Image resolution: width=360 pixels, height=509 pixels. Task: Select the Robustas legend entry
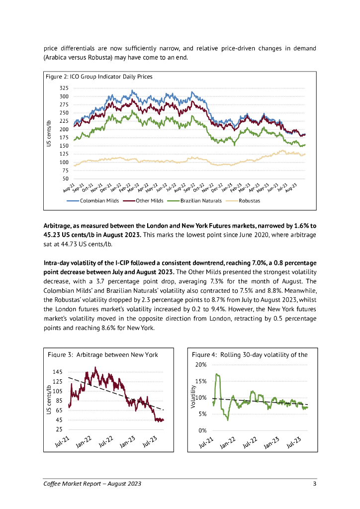point(249,201)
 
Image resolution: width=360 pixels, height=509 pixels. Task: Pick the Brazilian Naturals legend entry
point(201,201)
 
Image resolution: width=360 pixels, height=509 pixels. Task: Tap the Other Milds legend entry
point(149,201)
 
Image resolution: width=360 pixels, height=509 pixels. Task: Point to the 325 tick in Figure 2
point(64,88)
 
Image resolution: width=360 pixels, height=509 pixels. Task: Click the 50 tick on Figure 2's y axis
point(66,178)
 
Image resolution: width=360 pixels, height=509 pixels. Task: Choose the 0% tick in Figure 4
point(202,430)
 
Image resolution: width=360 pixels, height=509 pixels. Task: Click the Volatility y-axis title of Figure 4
point(193,398)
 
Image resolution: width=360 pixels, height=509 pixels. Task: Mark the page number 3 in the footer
point(314,484)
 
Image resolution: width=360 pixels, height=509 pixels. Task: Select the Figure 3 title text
point(103,354)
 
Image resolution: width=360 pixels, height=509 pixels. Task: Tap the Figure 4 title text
point(250,354)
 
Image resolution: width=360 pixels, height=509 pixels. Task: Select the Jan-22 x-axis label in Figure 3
point(84,442)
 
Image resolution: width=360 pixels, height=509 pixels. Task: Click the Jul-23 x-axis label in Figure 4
point(293,442)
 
